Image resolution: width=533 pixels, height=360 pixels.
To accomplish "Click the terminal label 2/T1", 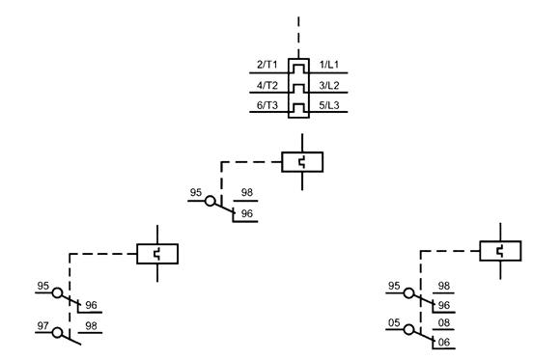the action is (x=267, y=65).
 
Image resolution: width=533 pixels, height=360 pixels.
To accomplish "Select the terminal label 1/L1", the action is (x=328, y=65).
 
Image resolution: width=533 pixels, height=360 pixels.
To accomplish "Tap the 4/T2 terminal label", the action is (x=267, y=85).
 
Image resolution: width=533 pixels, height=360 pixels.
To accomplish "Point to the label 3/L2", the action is (x=329, y=85).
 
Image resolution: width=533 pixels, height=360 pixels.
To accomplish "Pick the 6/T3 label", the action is (x=267, y=105).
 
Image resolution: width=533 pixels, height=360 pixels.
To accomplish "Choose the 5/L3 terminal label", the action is (x=329, y=105).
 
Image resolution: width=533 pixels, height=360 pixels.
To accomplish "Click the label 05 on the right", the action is (x=394, y=322).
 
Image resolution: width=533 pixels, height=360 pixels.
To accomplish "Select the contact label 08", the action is (x=444, y=322).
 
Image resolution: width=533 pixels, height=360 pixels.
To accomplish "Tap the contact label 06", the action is (x=444, y=342).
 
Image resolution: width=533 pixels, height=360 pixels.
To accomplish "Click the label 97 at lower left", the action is (x=42, y=326).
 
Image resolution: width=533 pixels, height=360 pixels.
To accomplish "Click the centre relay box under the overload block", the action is (x=302, y=162).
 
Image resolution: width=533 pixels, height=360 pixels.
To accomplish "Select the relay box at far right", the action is (x=500, y=251).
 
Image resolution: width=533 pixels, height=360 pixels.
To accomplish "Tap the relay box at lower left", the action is (x=157, y=254).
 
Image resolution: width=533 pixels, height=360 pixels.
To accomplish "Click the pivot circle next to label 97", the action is (x=57, y=332).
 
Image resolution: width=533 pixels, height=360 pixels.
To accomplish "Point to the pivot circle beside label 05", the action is (x=409, y=329).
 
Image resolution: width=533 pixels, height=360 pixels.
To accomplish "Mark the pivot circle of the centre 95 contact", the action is (x=210, y=201).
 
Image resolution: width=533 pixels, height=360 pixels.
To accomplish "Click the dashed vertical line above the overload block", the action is (x=298, y=37).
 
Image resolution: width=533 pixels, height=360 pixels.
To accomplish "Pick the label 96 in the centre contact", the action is (x=247, y=213).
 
